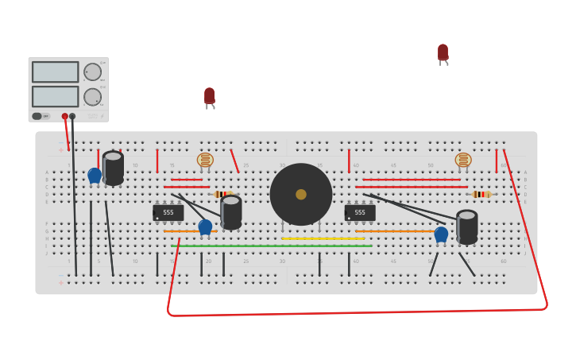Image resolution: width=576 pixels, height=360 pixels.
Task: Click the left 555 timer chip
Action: [168, 212]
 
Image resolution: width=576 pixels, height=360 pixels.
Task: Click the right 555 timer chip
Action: [360, 212]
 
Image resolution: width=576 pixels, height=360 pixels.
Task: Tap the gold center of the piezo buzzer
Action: [301, 194]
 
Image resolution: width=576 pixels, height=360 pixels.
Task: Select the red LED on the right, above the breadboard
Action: [443, 52]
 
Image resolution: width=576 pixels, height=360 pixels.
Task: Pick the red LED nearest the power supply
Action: [209, 96]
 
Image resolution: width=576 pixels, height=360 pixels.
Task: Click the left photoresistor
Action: [205, 160]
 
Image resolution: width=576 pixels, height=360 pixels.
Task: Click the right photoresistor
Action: [463, 160]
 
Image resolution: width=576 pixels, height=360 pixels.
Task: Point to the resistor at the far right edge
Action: [481, 194]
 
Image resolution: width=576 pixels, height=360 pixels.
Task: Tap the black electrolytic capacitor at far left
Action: [113, 168]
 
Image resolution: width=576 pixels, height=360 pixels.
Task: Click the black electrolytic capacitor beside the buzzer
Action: [231, 212]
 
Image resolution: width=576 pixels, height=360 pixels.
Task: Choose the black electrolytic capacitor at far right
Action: [467, 226]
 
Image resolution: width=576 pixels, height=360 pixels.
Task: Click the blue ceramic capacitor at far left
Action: [95, 175]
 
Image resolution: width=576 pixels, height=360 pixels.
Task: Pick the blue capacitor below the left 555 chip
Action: [205, 226]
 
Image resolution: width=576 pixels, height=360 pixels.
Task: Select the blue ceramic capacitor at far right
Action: [441, 234]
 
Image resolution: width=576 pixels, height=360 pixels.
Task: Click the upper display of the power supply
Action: [55, 72]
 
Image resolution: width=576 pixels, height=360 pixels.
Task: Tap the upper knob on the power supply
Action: [93, 72]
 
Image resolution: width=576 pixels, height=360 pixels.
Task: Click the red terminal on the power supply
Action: [65, 116]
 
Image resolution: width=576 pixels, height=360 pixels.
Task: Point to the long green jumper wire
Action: [271, 246]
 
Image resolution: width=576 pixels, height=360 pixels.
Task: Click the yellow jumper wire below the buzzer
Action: [323, 238]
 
